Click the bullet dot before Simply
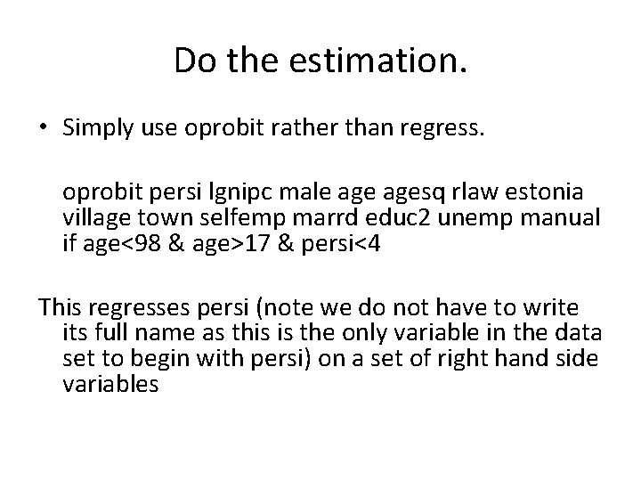(x=44, y=128)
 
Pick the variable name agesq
(x=419, y=193)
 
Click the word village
(x=96, y=218)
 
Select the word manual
(x=568, y=218)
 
